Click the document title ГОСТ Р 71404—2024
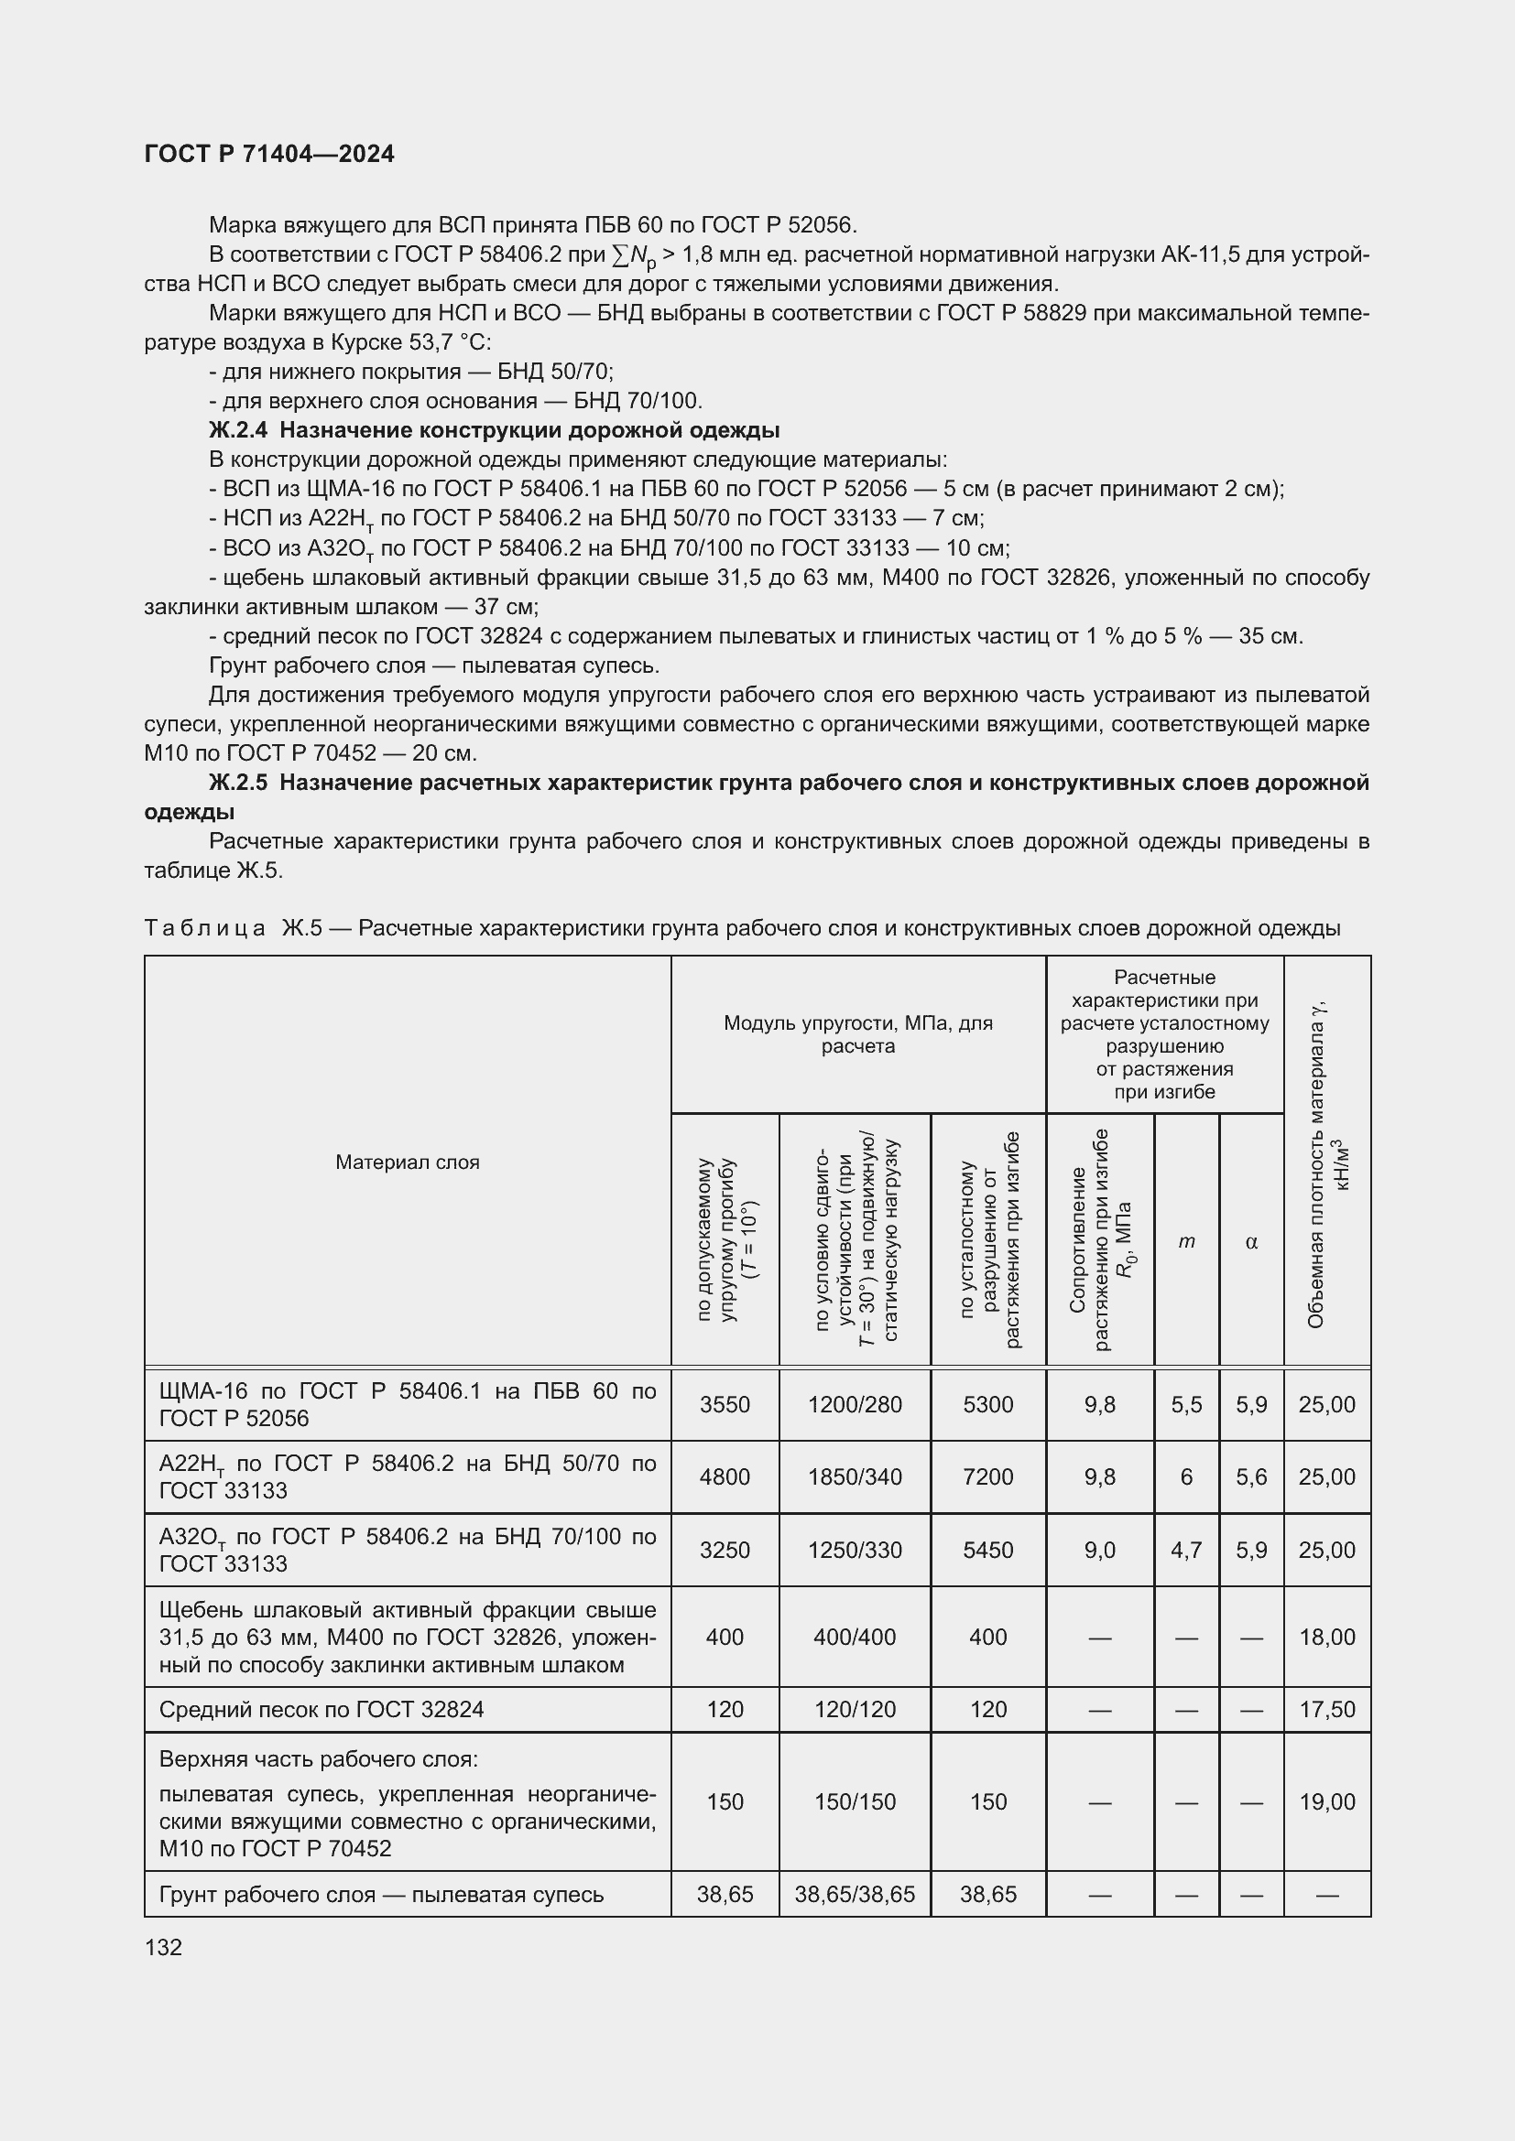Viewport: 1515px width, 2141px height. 269,154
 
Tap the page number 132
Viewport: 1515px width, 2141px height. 163,1947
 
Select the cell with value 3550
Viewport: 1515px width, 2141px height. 725,1404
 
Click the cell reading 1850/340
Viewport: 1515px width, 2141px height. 855,1477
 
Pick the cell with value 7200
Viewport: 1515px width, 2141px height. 988,1477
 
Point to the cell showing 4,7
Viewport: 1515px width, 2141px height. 1185,1550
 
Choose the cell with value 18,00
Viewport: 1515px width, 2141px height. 1326,1637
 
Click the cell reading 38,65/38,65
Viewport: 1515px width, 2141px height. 855,1894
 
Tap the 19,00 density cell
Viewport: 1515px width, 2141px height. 1326,1801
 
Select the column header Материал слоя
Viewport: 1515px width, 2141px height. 408,1162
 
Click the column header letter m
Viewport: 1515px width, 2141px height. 1185,1241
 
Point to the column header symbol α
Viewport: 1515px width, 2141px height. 1251,1242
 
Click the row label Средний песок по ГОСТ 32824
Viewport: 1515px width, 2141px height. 322,1709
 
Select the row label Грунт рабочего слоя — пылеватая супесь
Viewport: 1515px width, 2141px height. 382,1894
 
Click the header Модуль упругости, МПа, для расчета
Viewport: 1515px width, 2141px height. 857,1033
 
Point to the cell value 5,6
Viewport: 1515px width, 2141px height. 1251,1477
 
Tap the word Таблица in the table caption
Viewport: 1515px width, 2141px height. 205,928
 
